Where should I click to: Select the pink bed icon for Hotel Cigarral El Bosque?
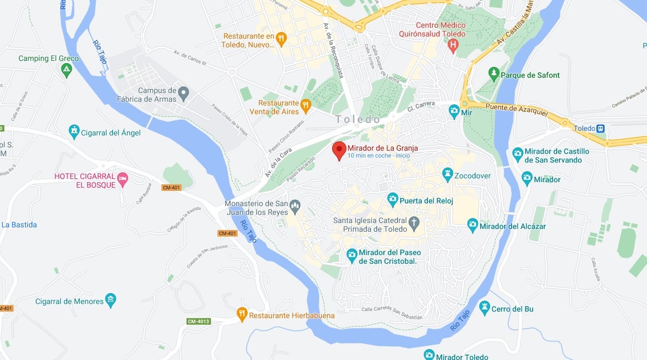(123, 178)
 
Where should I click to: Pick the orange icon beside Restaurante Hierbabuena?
(242, 314)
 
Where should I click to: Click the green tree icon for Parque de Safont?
(494, 73)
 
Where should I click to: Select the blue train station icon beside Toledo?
(601, 128)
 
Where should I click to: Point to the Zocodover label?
(472, 176)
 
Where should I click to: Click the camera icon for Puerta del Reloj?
(392, 200)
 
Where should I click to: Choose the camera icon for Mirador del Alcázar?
(472, 224)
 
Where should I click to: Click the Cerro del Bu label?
(513, 309)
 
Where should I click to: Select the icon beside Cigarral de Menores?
(111, 300)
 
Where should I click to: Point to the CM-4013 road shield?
(198, 321)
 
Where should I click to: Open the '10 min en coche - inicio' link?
(379, 156)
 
